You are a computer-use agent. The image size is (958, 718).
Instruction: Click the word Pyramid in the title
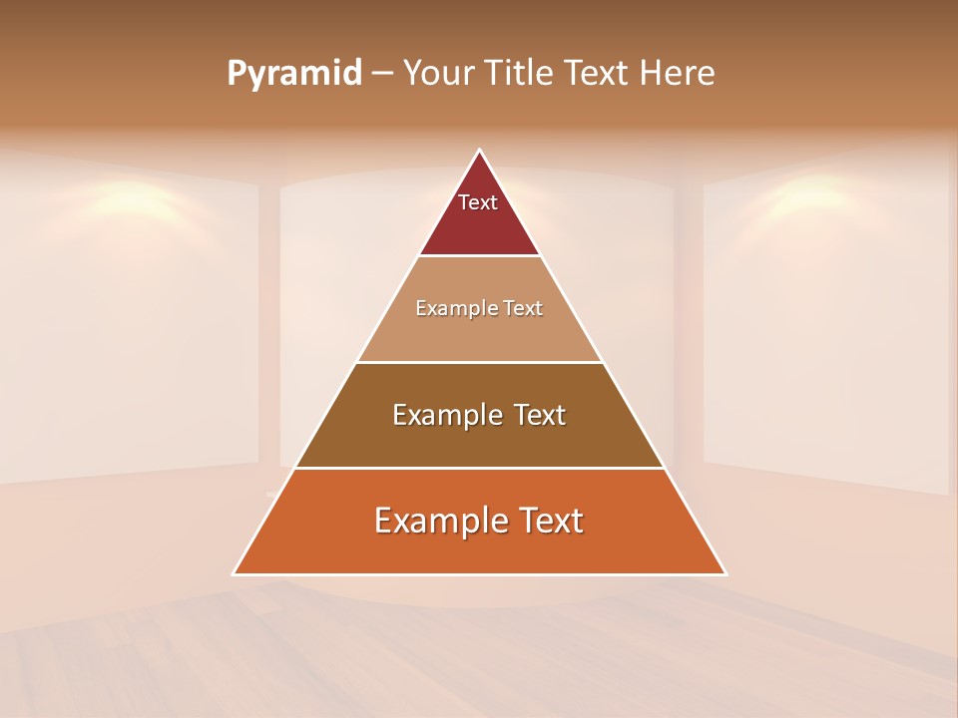[294, 74]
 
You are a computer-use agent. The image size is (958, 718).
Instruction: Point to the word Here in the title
[678, 73]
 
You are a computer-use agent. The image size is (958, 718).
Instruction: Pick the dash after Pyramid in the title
[382, 74]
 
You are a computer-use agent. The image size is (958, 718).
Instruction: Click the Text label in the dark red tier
[478, 202]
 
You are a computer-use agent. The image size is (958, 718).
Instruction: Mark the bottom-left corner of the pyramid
[235, 573]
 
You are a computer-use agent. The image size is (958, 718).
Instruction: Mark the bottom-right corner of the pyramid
[725, 573]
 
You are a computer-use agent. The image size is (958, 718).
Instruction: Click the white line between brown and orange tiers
[480, 468]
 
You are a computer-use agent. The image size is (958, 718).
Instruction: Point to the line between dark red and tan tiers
[480, 255]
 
